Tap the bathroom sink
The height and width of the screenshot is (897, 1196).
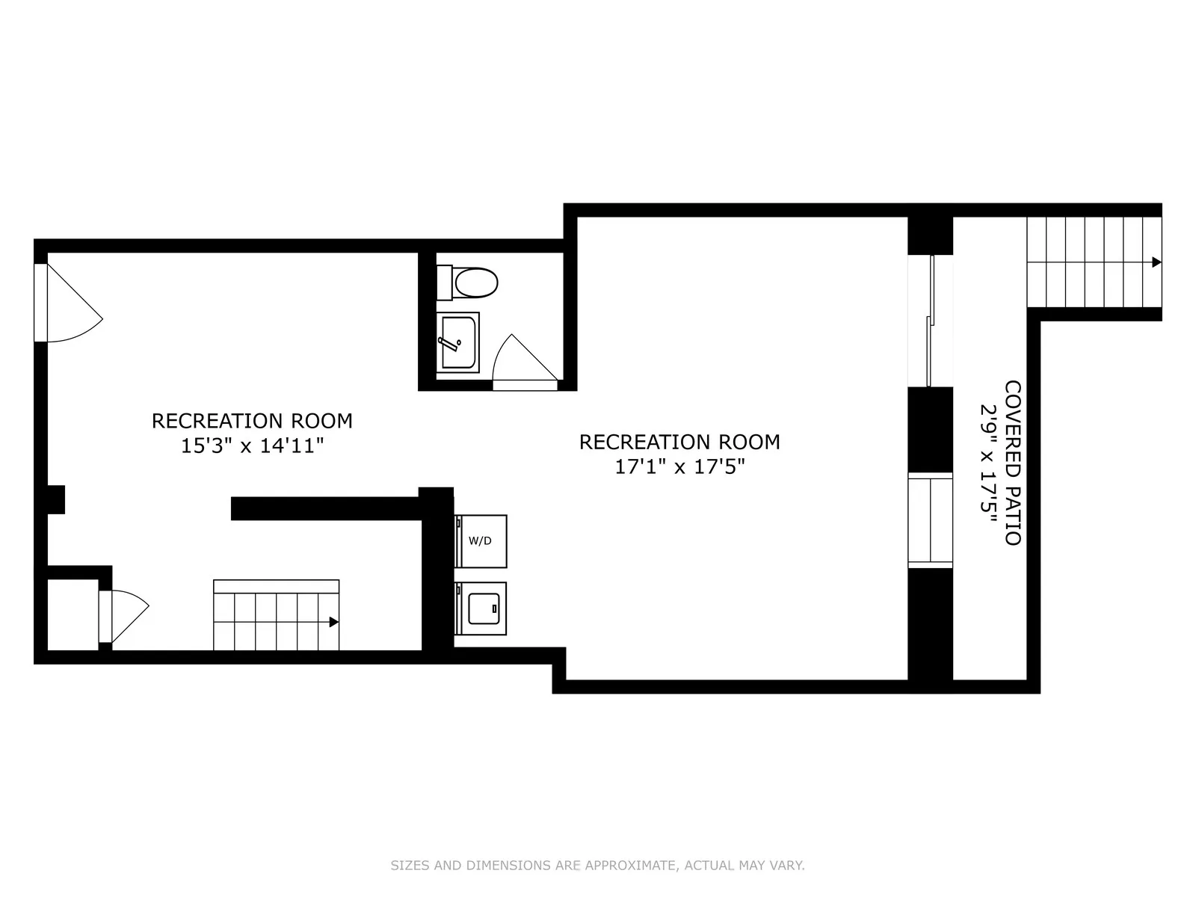(x=458, y=342)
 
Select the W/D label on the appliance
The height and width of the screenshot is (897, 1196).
(x=481, y=540)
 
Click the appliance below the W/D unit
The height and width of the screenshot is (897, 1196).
(x=481, y=608)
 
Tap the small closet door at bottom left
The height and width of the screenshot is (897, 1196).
(x=123, y=616)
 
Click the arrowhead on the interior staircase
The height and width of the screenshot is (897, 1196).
(x=334, y=622)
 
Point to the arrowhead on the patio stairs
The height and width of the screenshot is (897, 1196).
(x=1156, y=262)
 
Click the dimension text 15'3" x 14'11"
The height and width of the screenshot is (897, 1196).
(x=253, y=446)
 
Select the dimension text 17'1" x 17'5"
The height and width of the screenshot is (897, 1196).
(x=679, y=467)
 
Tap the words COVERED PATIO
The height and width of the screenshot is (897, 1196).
(x=1012, y=463)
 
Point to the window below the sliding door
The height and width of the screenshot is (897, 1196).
(x=930, y=520)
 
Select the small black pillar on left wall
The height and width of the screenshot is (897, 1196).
(x=56, y=499)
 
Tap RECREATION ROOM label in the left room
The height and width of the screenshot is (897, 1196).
(x=253, y=421)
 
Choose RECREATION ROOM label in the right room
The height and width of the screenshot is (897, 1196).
(x=679, y=442)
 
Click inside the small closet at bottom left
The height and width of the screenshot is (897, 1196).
(x=73, y=614)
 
